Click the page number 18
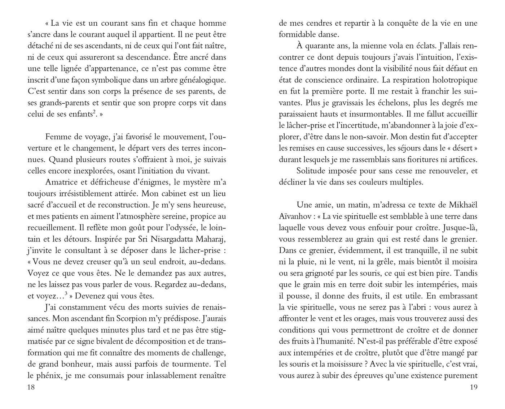(x=31, y=387)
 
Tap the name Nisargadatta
(x=159, y=239)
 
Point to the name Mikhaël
(x=463, y=205)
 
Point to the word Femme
(x=58, y=137)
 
